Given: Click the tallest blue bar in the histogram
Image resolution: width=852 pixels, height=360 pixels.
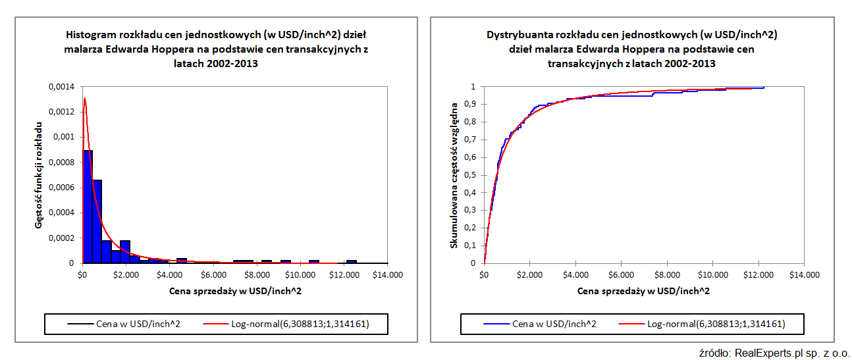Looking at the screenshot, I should click(88, 207).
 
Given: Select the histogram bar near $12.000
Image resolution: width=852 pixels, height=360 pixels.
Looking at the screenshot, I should click(352, 261).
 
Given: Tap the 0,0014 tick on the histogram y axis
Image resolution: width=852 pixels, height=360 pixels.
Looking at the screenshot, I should click(61, 87).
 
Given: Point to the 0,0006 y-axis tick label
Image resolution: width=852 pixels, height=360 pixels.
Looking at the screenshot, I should click(61, 188).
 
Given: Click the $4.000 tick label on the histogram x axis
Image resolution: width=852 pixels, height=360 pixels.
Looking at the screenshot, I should click(170, 274).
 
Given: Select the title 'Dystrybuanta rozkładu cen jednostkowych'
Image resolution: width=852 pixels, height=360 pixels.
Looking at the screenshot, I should click(631, 49).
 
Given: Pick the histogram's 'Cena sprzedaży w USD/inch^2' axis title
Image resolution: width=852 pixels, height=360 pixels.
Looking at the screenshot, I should click(234, 290).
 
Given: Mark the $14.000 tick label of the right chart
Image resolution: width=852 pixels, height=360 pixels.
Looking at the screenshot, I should click(805, 274).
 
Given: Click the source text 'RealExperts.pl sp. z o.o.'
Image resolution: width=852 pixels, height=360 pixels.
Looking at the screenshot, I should click(789, 353).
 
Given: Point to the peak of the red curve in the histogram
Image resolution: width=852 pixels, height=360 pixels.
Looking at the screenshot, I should click(84, 99).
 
